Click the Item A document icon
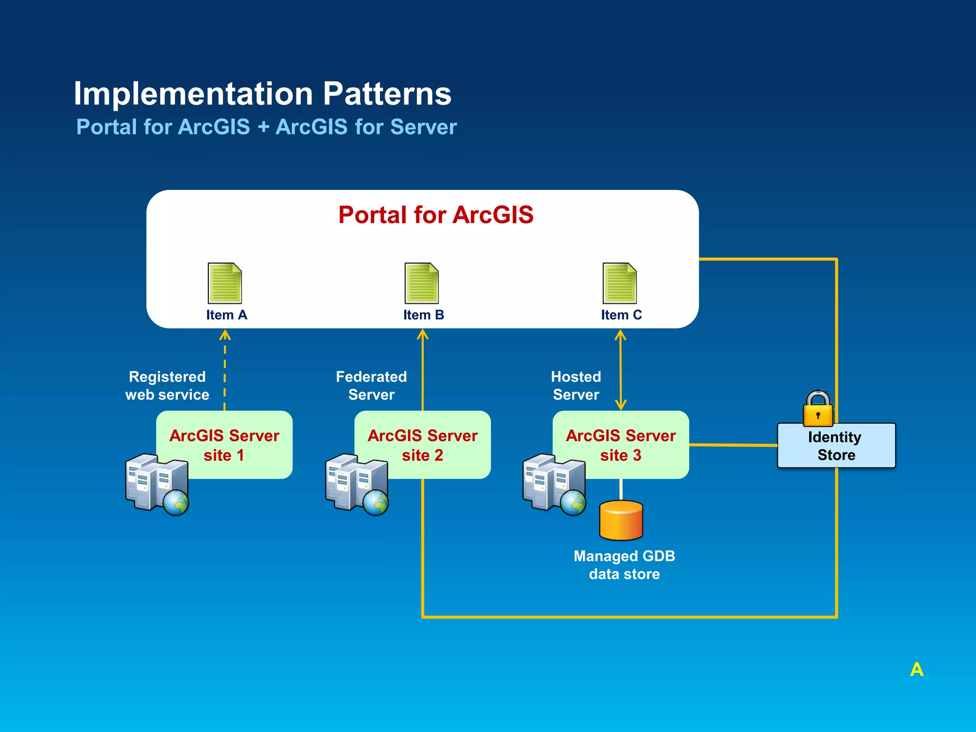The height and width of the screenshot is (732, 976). [224, 283]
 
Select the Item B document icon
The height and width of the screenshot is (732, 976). [421, 283]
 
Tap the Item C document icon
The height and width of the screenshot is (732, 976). [619, 283]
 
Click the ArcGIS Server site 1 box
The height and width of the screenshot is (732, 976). [224, 444]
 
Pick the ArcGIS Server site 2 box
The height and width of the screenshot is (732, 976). [423, 444]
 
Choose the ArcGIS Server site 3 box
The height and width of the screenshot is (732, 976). [620, 444]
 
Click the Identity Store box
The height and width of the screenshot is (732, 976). [836, 446]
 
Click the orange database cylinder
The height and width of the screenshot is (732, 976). [621, 520]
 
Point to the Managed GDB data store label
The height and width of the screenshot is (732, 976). [624, 565]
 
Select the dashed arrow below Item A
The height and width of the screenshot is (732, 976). [225, 372]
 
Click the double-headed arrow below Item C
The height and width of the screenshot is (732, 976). [620, 370]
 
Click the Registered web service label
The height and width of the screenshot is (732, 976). [167, 386]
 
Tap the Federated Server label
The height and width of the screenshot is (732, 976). [371, 386]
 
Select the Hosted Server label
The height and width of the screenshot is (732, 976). [576, 386]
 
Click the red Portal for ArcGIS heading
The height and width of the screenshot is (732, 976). [436, 215]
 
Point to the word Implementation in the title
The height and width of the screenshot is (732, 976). [193, 93]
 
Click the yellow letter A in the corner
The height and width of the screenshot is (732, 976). [916, 670]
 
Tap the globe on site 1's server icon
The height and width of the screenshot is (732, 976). [176, 502]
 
